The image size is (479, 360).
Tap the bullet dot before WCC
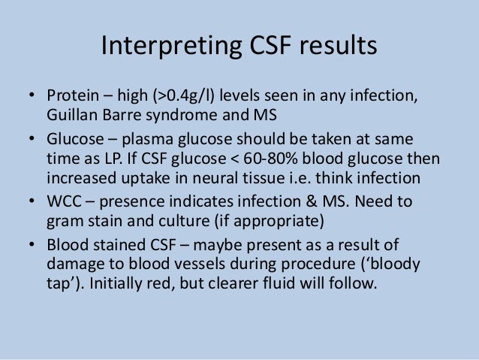(x=32, y=204)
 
